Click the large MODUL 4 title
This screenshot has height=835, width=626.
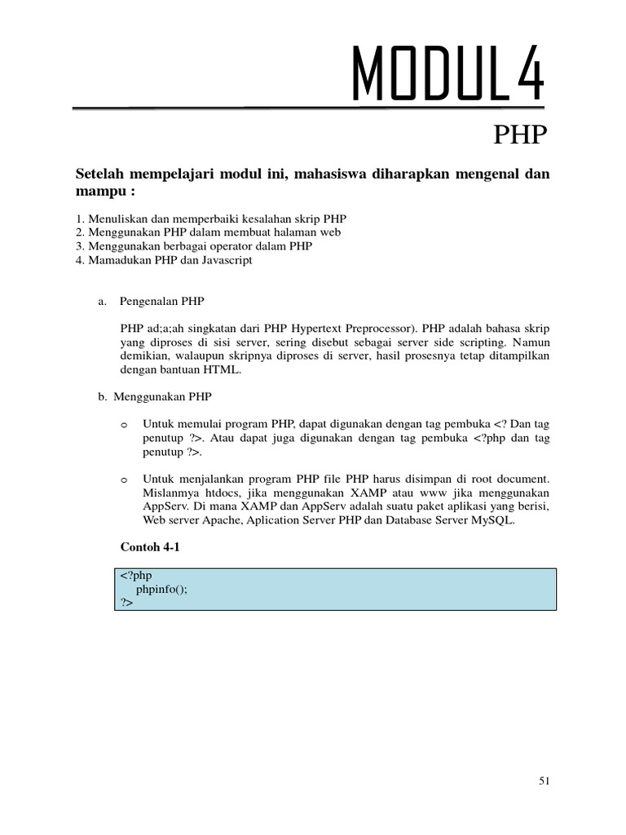click(x=447, y=75)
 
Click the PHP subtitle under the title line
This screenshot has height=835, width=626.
click(x=520, y=135)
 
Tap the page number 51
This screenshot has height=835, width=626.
click(x=545, y=781)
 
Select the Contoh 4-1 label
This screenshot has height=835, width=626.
click(x=149, y=548)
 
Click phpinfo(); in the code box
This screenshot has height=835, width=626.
click(x=161, y=590)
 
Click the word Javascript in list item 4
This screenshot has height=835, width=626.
click(x=223, y=260)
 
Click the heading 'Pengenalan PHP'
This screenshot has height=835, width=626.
click(x=161, y=301)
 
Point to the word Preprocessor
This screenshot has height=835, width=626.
click(x=366, y=328)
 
